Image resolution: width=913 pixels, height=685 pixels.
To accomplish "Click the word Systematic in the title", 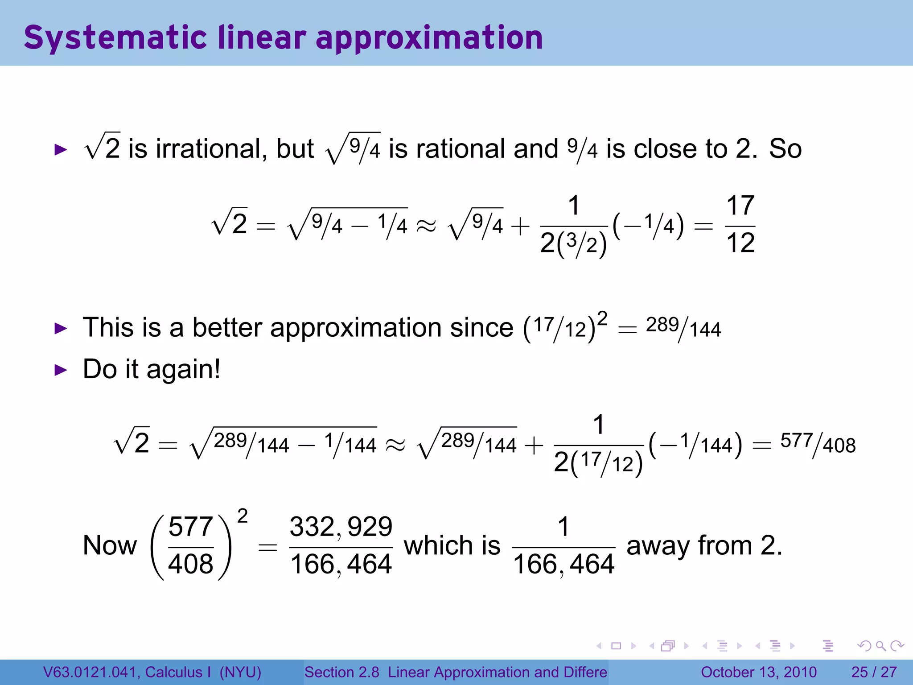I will tap(115, 37).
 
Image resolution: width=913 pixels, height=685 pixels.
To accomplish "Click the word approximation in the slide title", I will tap(429, 37).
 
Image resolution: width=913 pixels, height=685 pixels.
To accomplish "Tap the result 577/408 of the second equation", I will tap(818, 444).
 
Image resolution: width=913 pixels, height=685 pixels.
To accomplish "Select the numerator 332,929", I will tap(341, 527).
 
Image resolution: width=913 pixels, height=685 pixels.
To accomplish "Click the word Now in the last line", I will tap(110, 545).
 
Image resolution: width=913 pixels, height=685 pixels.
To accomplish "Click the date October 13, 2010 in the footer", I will tap(758, 672).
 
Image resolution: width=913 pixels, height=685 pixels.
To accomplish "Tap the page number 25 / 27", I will tap(874, 672).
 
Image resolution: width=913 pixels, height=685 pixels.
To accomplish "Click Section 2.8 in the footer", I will tap(341, 672).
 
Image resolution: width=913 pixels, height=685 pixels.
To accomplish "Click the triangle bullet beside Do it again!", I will tap(60, 370).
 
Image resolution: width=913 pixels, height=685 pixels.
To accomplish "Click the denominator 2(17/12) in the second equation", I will tap(598, 463).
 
